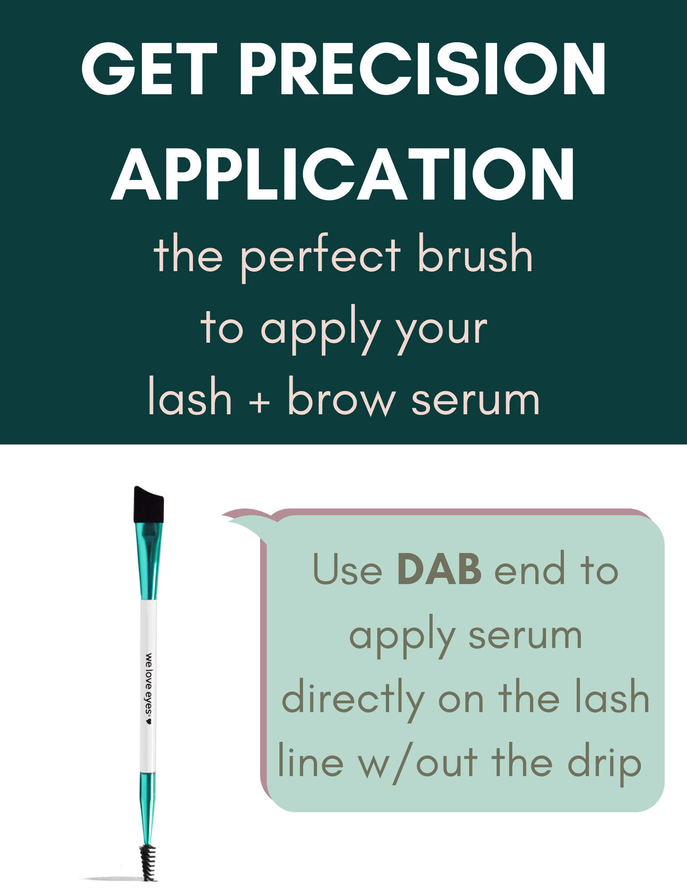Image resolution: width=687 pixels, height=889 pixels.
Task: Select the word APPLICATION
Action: [x=343, y=174]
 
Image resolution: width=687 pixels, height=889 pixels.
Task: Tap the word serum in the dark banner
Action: [x=475, y=400]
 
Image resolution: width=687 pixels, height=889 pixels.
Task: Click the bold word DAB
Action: [x=439, y=569]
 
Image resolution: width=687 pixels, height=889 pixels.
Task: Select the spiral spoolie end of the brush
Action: [x=149, y=862]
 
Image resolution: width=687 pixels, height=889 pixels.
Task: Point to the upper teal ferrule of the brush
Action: [x=149, y=561]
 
